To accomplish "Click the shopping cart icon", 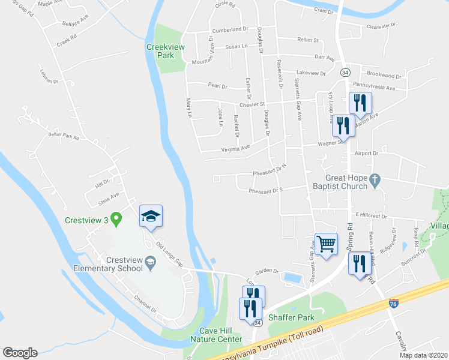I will pyautogui.click(x=326, y=245).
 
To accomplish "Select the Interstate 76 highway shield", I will pyautogui.click(x=394, y=304).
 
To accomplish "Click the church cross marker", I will pyautogui.click(x=375, y=179).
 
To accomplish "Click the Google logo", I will pyautogui.click(x=20, y=353).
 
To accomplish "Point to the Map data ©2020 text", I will pyautogui.click(x=424, y=355).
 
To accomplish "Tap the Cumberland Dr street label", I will pyautogui.click(x=229, y=29).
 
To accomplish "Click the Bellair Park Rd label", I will pyautogui.click(x=64, y=137).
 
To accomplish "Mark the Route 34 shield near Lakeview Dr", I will pyautogui.click(x=345, y=72).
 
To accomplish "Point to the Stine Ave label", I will pyautogui.click(x=109, y=194).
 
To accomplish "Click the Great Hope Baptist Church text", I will pyautogui.click(x=346, y=182).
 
